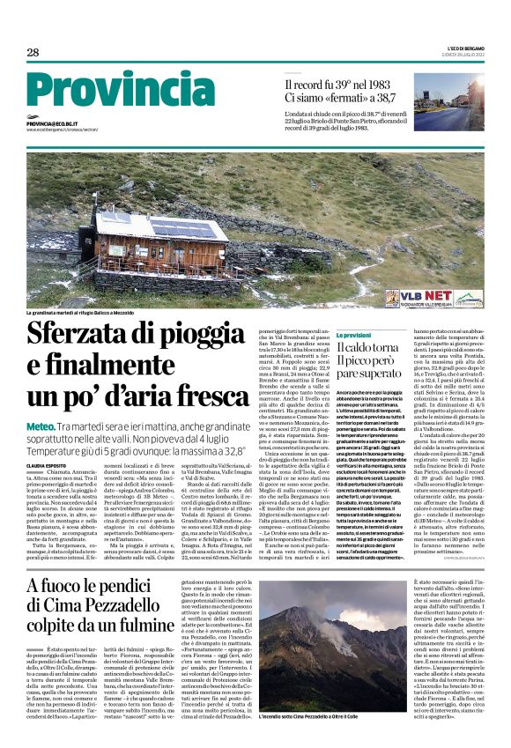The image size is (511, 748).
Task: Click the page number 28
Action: pyautogui.click(x=33, y=53)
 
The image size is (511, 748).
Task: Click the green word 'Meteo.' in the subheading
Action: pyautogui.click(x=42, y=426)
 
